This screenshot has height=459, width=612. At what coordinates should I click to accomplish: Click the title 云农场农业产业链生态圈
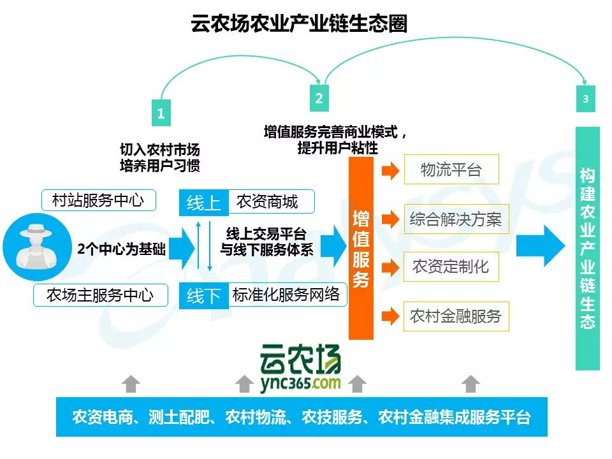click(299, 24)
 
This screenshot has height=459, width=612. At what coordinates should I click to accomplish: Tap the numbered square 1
click(161, 113)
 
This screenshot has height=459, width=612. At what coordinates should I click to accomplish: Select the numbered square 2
click(319, 98)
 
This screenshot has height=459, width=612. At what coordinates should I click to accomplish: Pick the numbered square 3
click(585, 99)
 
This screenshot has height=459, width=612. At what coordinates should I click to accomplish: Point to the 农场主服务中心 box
click(100, 296)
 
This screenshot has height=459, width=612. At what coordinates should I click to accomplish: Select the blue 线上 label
click(203, 203)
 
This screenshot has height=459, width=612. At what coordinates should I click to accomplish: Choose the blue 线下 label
click(203, 296)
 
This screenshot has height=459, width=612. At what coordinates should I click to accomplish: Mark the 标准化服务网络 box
click(286, 295)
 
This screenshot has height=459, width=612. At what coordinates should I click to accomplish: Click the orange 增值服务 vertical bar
click(361, 249)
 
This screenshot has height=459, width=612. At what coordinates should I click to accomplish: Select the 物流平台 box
click(451, 170)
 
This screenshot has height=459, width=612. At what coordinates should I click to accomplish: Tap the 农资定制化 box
click(451, 266)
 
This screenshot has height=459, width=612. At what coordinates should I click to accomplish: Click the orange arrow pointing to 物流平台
click(390, 170)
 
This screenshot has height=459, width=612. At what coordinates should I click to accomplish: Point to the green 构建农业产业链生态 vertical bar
click(587, 249)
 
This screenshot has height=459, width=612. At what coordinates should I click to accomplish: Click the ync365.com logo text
click(300, 383)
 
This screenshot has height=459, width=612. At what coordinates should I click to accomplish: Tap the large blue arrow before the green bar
click(539, 245)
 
